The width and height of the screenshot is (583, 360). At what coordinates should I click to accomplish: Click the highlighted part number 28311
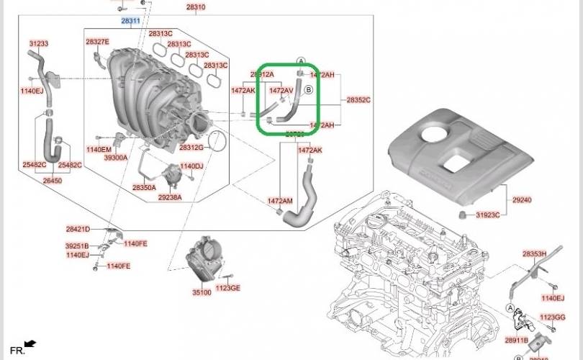130,22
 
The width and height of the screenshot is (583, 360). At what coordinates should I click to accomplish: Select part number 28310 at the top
196,7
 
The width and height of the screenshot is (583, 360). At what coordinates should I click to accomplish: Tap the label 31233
39,44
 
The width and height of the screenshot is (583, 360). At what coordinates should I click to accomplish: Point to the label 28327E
97,42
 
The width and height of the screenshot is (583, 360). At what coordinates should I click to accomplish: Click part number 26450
53,181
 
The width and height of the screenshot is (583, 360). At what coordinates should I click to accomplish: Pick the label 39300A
115,158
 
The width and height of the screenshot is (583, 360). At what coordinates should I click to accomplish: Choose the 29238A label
170,197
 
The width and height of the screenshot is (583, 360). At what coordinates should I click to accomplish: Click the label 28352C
358,99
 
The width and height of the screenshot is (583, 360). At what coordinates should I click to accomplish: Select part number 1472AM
280,201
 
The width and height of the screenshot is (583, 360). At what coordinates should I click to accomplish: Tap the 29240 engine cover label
522,199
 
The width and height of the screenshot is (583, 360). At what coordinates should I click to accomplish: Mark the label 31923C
487,215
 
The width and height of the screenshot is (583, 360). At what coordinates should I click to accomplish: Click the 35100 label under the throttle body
202,292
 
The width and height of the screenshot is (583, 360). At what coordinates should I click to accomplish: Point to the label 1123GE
228,287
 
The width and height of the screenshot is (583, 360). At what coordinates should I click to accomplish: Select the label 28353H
534,254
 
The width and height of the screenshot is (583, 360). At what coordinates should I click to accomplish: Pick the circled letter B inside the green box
308,90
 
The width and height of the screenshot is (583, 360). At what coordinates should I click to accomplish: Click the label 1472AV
281,91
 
